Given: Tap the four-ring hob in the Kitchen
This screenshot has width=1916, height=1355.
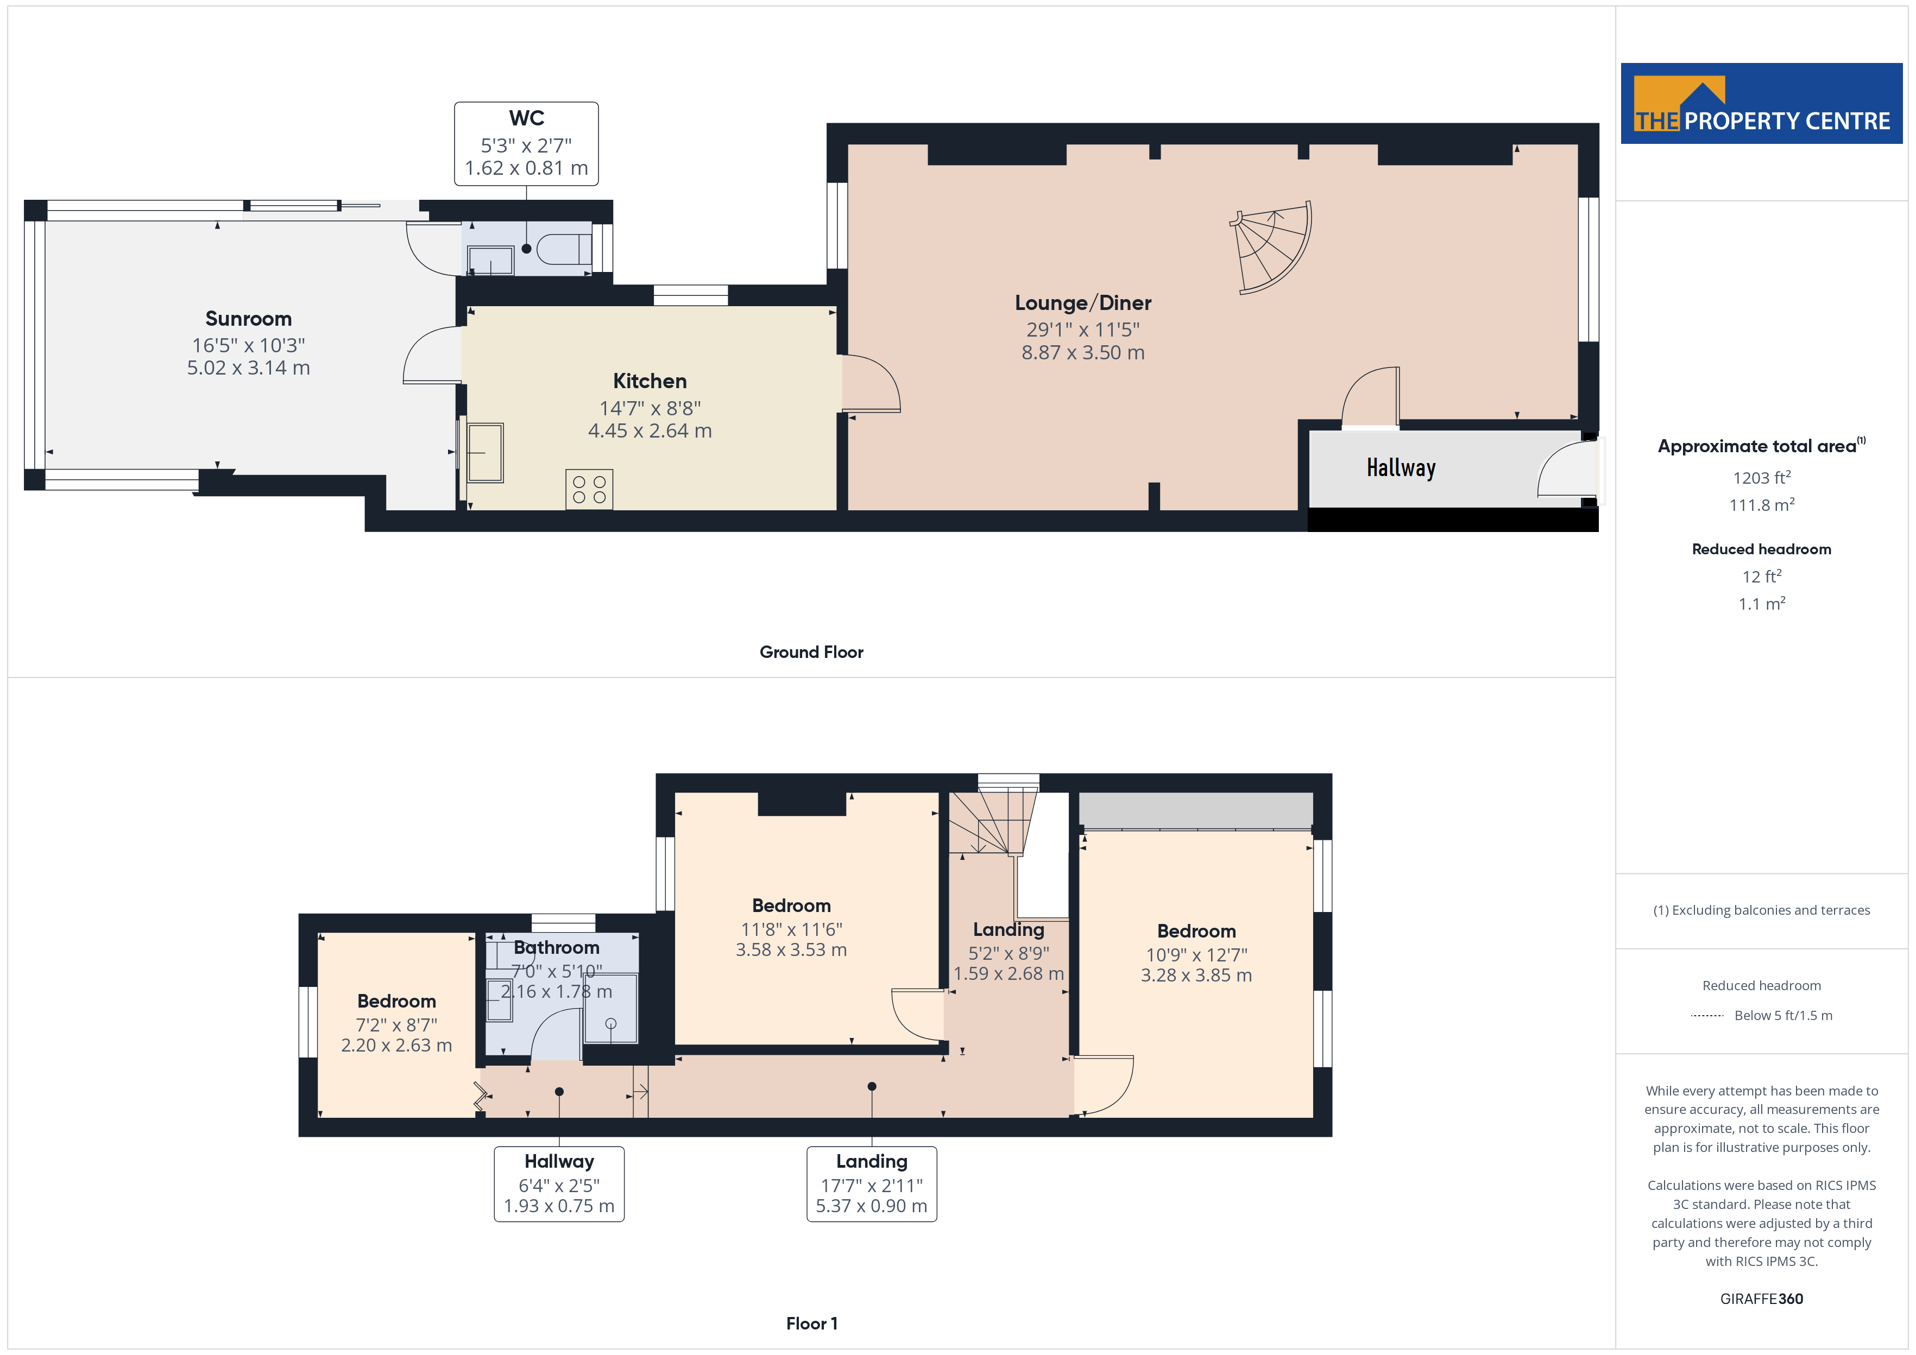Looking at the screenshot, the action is pyautogui.click(x=589, y=490).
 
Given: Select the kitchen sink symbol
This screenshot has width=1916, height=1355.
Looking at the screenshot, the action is pyautogui.click(x=485, y=453).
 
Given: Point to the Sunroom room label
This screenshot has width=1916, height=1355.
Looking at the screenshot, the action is pyautogui.click(x=249, y=319).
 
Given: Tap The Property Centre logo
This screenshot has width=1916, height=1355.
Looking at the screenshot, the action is pyautogui.click(x=1762, y=104).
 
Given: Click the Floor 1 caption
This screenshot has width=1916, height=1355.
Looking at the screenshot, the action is pyautogui.click(x=811, y=1324).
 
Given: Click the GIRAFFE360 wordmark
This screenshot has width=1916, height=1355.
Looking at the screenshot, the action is pyautogui.click(x=1762, y=1299).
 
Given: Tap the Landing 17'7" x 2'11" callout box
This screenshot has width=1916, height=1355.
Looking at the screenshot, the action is pyautogui.click(x=871, y=1184).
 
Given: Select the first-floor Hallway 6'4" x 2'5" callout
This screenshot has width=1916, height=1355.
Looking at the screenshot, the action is pyautogui.click(x=559, y=1184).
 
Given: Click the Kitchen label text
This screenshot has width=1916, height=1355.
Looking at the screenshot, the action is pyautogui.click(x=650, y=381).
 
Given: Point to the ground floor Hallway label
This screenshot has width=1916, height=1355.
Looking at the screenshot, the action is pyautogui.click(x=1401, y=468).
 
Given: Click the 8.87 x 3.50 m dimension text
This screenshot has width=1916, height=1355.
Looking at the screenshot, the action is pyautogui.click(x=1083, y=353).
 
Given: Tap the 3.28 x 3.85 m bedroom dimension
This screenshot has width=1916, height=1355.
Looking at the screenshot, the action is pyautogui.click(x=1196, y=976).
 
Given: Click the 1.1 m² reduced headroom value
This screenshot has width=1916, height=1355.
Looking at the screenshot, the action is pyautogui.click(x=1762, y=603).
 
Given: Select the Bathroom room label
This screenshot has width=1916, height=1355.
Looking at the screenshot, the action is pyautogui.click(x=557, y=948).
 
